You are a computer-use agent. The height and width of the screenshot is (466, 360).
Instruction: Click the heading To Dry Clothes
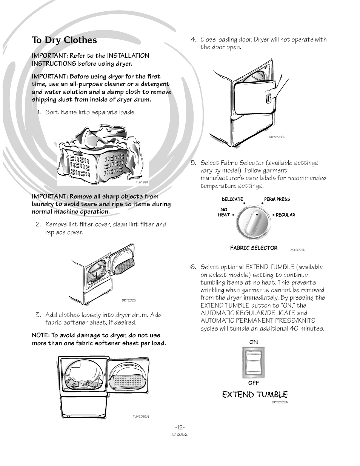tap(65, 40)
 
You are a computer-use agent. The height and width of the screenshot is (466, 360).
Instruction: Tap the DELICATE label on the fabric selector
tap(232, 199)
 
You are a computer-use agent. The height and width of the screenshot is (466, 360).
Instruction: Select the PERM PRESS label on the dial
tap(277, 199)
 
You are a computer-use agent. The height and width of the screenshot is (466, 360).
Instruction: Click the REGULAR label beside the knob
tap(285, 215)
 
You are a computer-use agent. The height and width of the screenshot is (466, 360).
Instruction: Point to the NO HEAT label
tap(224, 212)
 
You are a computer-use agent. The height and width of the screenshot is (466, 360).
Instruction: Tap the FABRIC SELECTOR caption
tap(254, 248)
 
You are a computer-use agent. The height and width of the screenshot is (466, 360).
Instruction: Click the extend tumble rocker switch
tap(254, 362)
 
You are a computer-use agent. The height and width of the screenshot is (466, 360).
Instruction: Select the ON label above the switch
tap(254, 342)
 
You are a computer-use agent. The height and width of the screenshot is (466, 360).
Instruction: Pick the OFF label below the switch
tap(254, 383)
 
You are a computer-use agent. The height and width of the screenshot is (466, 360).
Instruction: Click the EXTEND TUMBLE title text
tap(255, 395)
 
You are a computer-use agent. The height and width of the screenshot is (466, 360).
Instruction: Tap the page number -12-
tap(180, 427)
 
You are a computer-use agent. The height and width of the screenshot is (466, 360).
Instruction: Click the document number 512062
tap(180, 434)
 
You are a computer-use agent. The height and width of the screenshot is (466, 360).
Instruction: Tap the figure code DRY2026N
tap(277, 137)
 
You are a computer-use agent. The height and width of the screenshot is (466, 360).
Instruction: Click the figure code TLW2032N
tap(140, 417)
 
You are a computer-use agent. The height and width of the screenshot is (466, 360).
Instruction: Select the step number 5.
tap(193, 163)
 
